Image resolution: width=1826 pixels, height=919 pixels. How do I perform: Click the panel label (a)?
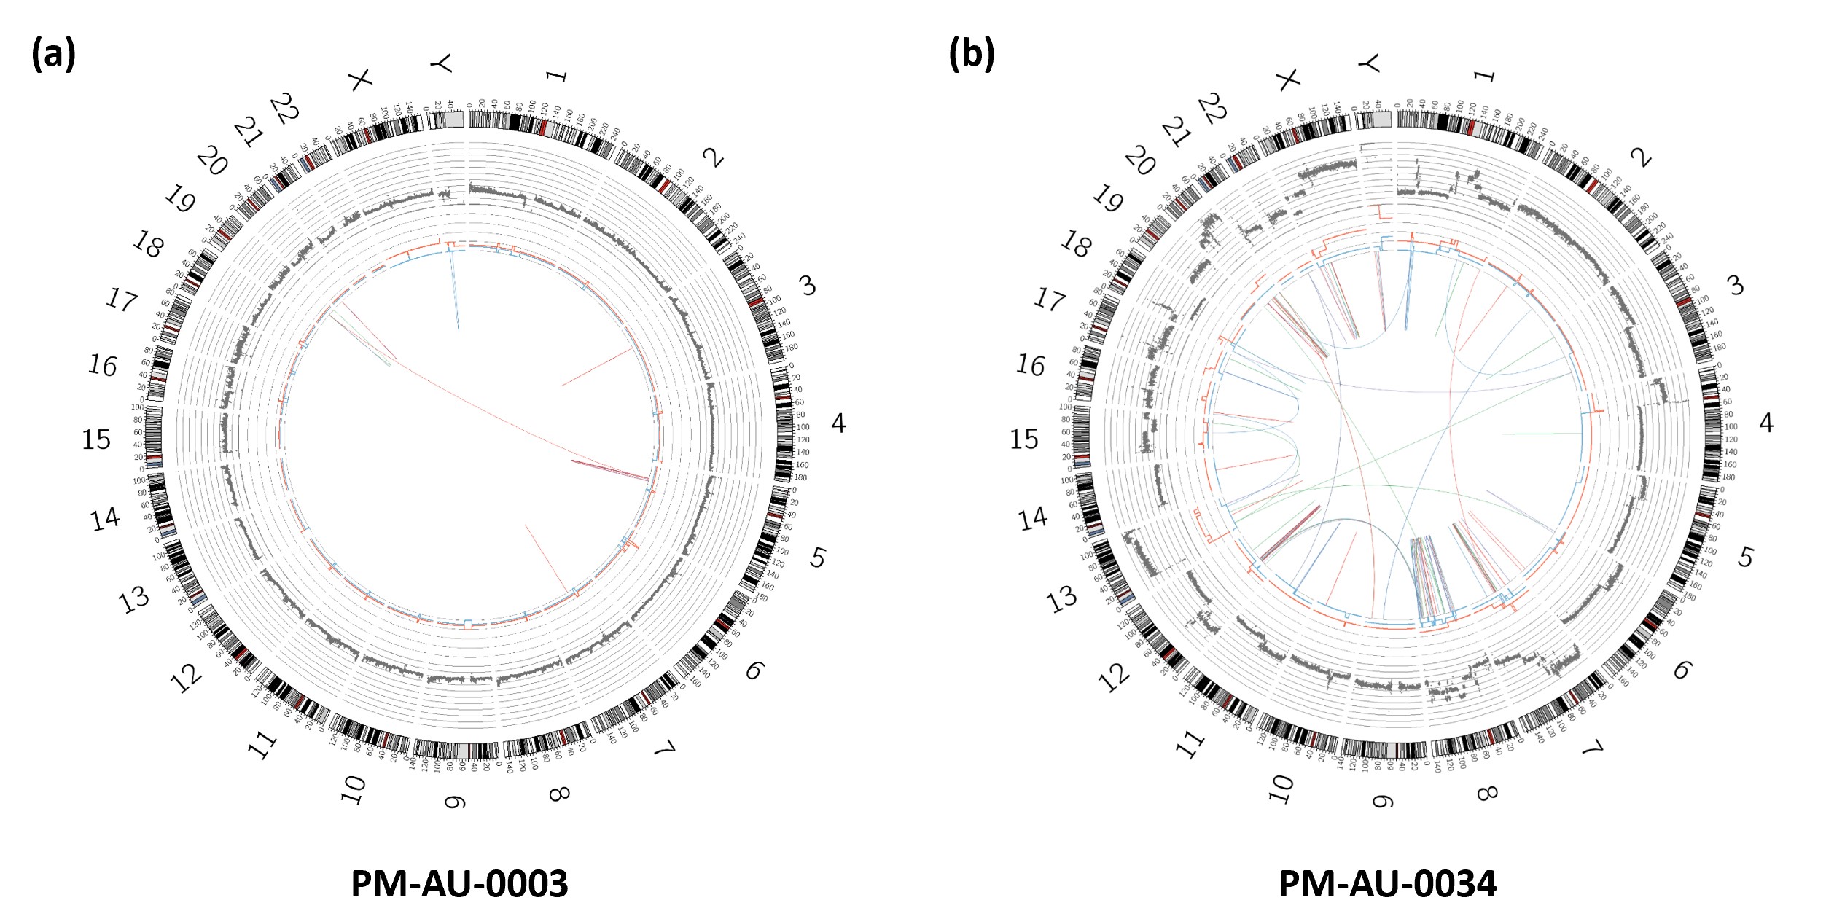[x=53, y=54]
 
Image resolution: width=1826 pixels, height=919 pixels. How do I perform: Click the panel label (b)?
[x=971, y=54]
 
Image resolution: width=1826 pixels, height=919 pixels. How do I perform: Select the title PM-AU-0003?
[x=459, y=884]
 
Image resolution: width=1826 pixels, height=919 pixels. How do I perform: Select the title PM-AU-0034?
[x=1387, y=884]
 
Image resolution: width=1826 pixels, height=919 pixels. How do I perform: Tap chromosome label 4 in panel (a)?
[x=838, y=423]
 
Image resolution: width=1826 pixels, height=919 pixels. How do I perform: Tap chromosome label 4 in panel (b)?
[x=1766, y=423]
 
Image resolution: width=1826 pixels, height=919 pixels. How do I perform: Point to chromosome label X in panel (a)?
[x=359, y=79]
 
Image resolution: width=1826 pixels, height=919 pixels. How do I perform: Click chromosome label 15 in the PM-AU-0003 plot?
[x=95, y=439]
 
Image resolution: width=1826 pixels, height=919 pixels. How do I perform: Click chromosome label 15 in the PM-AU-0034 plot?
[x=1023, y=439]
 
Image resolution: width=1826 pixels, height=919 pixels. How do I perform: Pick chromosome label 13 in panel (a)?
[x=135, y=600]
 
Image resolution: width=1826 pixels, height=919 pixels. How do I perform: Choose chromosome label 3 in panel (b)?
[x=1736, y=285]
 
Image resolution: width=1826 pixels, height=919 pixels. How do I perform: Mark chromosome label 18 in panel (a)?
[x=148, y=246]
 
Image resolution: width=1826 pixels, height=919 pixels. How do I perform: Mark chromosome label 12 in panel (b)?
[x=1115, y=679]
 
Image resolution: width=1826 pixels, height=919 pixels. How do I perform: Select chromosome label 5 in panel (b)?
[x=1745, y=558]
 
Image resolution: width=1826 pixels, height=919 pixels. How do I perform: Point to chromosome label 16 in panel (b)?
[x=1030, y=365]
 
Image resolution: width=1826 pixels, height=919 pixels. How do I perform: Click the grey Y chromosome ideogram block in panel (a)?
[x=453, y=119]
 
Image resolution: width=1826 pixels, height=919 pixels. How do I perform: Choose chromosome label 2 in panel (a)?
[x=714, y=157]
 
